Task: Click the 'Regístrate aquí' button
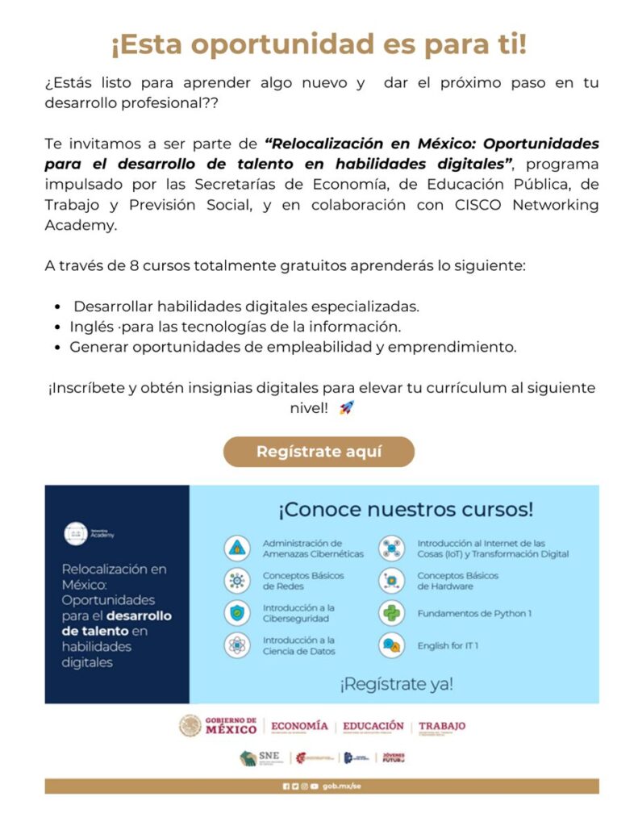click(x=319, y=452)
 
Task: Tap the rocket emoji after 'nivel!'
click(x=346, y=408)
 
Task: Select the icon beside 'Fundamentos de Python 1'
click(x=391, y=614)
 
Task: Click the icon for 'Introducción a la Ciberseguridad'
click(x=236, y=613)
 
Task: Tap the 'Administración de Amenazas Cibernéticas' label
click(x=312, y=549)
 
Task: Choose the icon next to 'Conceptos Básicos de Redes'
click(x=236, y=581)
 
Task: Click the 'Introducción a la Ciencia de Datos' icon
click(x=236, y=645)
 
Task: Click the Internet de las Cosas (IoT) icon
click(x=391, y=549)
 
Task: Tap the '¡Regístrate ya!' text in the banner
click(x=395, y=684)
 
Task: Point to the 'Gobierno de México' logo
click(x=218, y=725)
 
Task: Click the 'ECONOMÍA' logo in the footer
click(x=299, y=726)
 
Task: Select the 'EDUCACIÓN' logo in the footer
click(x=373, y=726)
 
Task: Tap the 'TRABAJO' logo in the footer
click(x=441, y=726)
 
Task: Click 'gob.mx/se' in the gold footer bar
click(x=338, y=786)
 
